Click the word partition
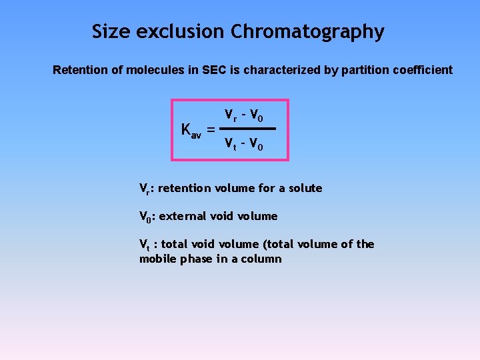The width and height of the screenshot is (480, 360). pyautogui.click(x=359, y=70)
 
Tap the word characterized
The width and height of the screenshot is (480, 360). pyautogui.click(x=284, y=70)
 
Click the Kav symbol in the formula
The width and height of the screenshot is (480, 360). pyautogui.click(x=191, y=130)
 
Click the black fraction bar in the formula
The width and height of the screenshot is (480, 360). pyautogui.click(x=248, y=128)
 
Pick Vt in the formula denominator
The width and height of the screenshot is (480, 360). pyautogui.click(x=230, y=143)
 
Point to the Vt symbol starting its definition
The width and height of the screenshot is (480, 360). pyautogui.click(x=144, y=245)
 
